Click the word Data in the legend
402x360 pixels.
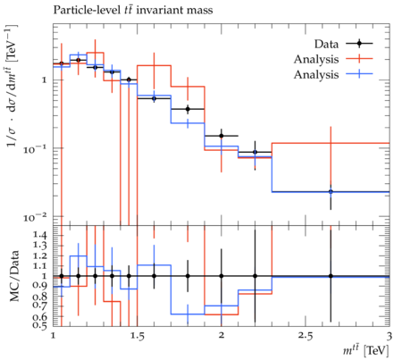(x=326, y=44)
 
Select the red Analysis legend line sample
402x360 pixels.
(x=359, y=59)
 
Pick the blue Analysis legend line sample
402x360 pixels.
(x=359, y=74)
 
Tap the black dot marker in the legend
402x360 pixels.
(x=359, y=44)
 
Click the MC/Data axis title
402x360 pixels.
(x=14, y=276)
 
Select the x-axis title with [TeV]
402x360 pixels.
(x=366, y=350)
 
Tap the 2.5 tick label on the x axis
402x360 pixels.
(x=306, y=336)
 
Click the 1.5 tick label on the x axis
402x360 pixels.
(x=138, y=336)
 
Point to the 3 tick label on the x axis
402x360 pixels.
(x=389, y=336)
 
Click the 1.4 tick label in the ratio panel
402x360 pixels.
(x=39, y=235)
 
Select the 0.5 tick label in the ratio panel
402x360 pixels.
(x=39, y=324)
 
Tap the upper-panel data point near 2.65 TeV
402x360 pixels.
(x=331, y=192)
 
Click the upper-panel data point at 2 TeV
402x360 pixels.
(x=222, y=136)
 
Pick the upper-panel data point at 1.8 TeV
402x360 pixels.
(x=188, y=109)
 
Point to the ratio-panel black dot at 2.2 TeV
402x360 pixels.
(x=255, y=276)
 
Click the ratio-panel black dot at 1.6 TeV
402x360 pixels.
(x=154, y=276)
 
